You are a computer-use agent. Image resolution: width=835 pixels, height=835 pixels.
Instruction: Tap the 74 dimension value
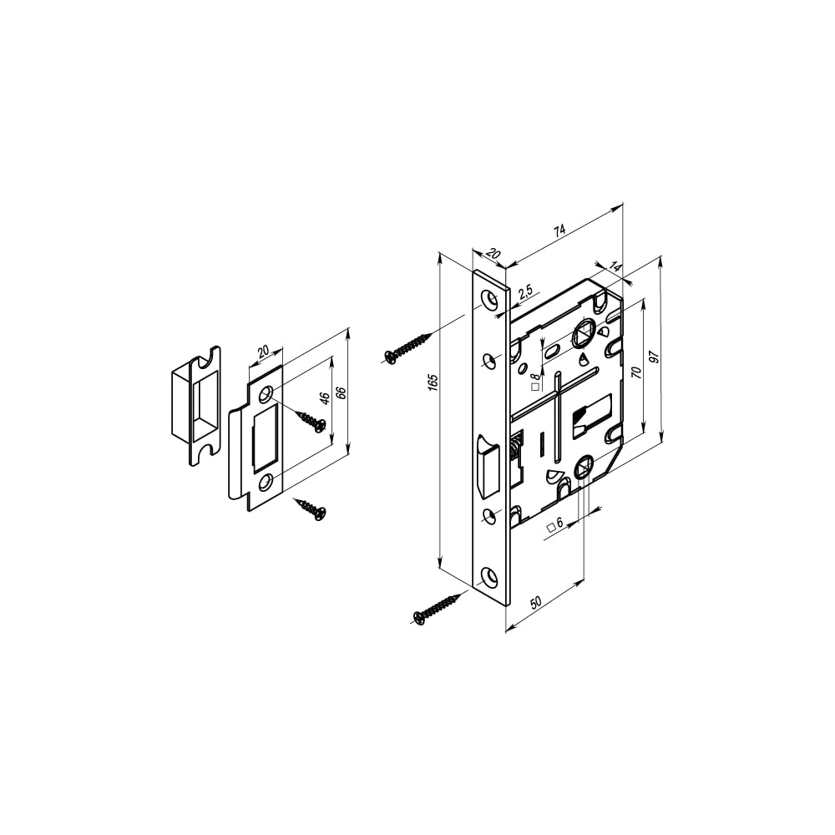pyautogui.click(x=559, y=230)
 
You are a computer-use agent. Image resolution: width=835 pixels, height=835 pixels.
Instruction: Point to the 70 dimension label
pyautogui.click(x=635, y=372)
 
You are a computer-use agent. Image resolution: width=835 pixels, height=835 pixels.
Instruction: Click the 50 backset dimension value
pyautogui.click(x=536, y=602)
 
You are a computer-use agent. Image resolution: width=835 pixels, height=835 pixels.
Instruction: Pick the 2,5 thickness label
pyautogui.click(x=525, y=291)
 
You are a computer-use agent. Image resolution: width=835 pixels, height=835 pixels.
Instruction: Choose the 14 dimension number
pyautogui.click(x=615, y=267)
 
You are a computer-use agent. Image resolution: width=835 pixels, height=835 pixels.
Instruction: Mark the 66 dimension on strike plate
pyautogui.click(x=342, y=393)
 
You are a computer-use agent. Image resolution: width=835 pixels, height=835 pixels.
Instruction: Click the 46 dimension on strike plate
pyautogui.click(x=324, y=397)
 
